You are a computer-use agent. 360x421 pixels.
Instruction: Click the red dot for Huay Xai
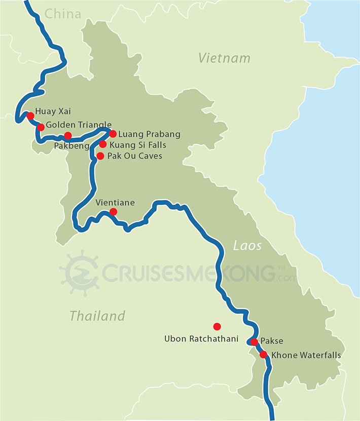coord(30,116)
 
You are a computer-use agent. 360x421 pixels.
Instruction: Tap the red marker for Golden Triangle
coord(41,127)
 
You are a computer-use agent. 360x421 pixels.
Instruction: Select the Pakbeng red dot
coord(68,135)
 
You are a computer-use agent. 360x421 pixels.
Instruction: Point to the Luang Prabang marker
coord(113,134)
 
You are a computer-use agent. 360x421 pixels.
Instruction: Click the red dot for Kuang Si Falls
coord(103,144)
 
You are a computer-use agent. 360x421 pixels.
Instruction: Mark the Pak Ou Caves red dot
coord(100,156)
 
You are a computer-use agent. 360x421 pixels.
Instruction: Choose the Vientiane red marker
coord(113,212)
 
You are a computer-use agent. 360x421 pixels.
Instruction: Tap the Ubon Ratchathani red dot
coord(217,326)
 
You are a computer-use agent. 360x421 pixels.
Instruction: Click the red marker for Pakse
coord(254,342)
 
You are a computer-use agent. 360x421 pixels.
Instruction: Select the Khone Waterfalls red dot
coord(263,355)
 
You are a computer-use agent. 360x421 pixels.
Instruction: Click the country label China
coord(63,14)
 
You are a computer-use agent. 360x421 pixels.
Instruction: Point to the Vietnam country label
coord(224,58)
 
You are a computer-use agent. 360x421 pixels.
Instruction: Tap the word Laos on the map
coord(247,246)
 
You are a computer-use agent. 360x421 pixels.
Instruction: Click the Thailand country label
coord(97,316)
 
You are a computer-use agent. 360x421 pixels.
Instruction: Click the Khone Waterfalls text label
coord(306,355)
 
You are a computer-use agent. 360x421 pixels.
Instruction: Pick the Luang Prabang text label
coord(145,134)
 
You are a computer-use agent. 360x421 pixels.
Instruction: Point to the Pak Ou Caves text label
coord(135,156)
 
